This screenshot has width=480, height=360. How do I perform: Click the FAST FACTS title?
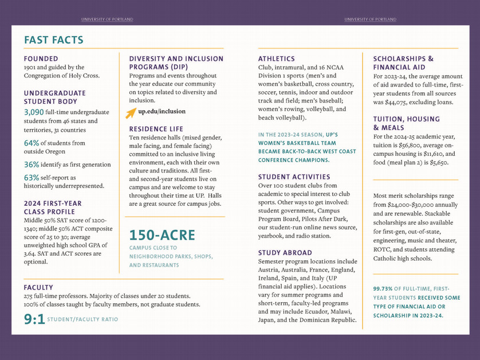pos(54,40)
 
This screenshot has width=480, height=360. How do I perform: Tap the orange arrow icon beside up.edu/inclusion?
pos(131,113)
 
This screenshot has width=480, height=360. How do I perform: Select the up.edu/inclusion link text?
pos(162,111)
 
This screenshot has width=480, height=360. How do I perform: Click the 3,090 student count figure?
pos(34,112)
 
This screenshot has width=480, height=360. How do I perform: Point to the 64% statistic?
pos(32,143)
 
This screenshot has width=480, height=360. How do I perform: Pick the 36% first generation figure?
pos(32,164)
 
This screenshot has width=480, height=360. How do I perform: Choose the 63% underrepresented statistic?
pos(32,177)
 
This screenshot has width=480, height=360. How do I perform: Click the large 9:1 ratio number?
pos(34,319)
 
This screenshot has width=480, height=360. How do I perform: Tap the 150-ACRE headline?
pos(162,235)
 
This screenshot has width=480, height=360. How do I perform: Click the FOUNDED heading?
pos(41,58)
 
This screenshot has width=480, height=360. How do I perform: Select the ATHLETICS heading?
pos(277,58)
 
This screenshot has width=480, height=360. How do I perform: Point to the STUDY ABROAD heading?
pos(285,252)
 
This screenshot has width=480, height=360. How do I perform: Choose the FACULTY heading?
pos(38,287)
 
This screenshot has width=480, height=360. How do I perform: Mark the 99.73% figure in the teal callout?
pos(383,289)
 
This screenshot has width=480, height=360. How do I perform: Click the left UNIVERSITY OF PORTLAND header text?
pos(107,19)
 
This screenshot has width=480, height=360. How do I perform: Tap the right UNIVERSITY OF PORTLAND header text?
pos(371,19)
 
